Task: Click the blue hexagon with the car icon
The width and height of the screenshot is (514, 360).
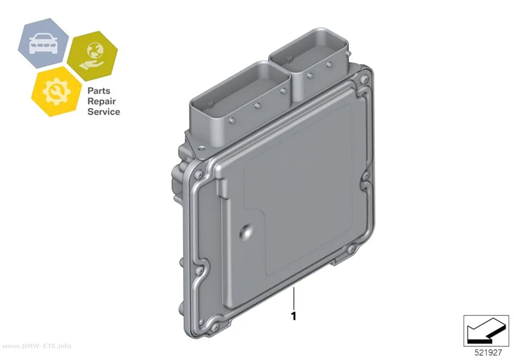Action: tap(43, 43)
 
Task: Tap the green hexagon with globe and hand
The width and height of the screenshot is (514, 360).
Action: tap(93, 56)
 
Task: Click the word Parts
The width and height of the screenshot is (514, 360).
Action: tap(99, 91)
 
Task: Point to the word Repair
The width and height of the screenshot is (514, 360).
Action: tap(102, 101)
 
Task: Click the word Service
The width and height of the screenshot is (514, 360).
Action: tap(104, 112)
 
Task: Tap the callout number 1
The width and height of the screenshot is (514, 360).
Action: tap(294, 316)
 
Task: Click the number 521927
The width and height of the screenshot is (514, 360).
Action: tap(488, 353)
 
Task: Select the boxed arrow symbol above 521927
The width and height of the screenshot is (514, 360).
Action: tap(486, 331)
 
